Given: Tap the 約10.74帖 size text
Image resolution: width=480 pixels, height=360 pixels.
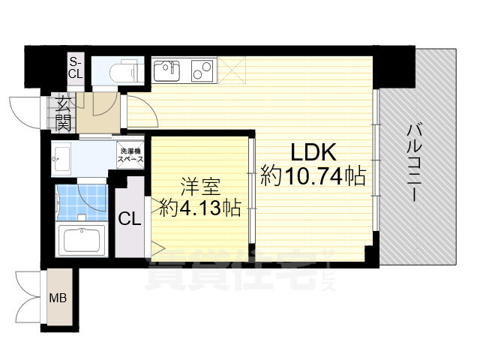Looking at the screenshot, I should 313,177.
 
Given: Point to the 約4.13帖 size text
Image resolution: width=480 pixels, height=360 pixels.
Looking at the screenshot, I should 199,207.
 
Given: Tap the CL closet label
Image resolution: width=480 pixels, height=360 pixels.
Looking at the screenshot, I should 129,219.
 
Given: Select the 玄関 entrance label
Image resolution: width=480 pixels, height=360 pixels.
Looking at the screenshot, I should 62,113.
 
